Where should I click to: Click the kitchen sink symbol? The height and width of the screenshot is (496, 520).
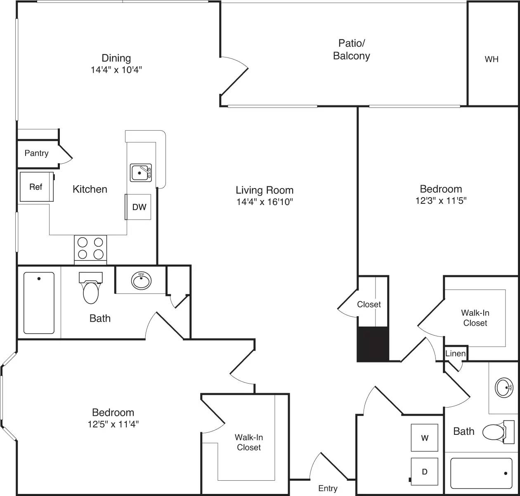(x=141, y=172)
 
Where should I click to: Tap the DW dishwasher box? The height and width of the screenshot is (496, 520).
(x=139, y=207)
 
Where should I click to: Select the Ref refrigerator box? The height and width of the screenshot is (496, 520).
(x=36, y=187)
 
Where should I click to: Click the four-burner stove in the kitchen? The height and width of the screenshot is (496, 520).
(x=90, y=248)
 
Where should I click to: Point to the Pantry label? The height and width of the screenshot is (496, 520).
(x=36, y=153)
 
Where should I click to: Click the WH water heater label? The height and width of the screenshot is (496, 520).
(x=491, y=59)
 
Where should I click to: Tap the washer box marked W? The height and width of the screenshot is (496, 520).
(x=424, y=438)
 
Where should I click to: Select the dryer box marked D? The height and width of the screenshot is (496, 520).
(x=424, y=472)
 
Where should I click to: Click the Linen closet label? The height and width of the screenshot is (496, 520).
(x=455, y=353)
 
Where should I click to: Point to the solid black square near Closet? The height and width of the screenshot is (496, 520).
(x=373, y=344)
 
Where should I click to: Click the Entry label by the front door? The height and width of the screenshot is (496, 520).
(x=328, y=489)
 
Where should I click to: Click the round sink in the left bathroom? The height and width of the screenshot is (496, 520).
(x=141, y=281)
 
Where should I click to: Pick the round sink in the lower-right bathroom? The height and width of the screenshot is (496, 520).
(x=504, y=388)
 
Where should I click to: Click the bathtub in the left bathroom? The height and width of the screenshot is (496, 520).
(x=39, y=303)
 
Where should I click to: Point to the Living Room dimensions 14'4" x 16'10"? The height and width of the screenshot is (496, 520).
(x=265, y=202)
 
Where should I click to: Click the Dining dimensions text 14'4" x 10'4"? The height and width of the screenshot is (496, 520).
(x=116, y=70)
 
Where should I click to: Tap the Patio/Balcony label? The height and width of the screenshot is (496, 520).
(x=351, y=49)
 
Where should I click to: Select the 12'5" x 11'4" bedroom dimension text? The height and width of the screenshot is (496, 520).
(x=113, y=424)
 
